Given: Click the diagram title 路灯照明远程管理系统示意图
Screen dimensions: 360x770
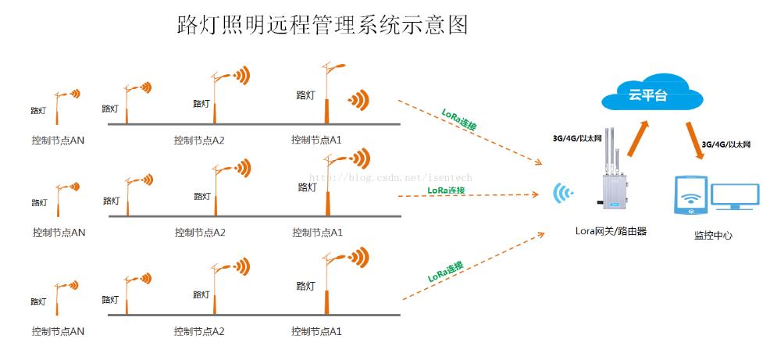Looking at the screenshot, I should (323, 25).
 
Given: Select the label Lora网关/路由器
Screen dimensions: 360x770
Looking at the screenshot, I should (611, 231).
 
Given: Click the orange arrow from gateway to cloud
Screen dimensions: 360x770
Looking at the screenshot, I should (640, 138).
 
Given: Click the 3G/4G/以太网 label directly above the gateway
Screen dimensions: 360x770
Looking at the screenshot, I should (577, 138).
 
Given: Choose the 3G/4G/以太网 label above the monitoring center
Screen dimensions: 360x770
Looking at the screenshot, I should (725, 144).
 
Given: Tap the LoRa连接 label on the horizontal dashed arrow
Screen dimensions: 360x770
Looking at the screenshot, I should (446, 190).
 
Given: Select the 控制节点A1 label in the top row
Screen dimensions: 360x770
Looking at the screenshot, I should (316, 140).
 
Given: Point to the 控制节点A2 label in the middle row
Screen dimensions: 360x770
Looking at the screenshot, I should (200, 232).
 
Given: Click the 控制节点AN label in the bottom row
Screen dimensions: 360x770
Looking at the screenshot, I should (58, 331).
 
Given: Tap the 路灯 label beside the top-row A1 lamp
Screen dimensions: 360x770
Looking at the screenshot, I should (305, 95).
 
